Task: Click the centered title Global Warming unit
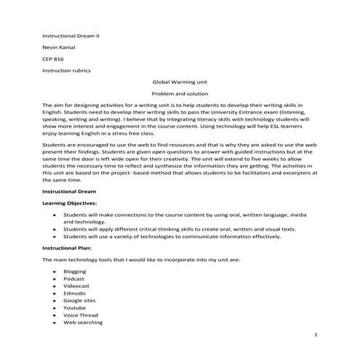180,83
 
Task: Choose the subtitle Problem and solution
180,95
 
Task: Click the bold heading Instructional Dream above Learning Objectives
69,191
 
